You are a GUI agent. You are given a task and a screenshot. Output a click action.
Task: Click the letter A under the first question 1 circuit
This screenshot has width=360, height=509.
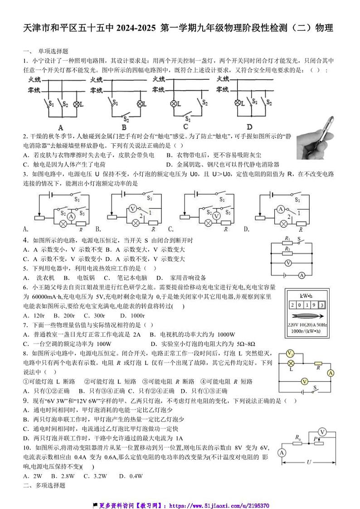[60, 127]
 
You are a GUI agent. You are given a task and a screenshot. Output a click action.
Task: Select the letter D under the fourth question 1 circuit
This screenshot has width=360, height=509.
[249, 126]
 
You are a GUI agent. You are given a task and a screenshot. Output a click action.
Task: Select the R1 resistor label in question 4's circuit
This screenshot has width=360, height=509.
[287, 238]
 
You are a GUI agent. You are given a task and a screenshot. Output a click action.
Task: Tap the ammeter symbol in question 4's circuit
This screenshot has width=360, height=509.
[301, 275]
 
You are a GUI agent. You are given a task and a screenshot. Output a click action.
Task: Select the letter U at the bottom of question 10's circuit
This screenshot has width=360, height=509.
[309, 463]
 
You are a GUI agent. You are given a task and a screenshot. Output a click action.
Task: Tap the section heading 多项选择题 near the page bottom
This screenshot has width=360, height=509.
[47, 485]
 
